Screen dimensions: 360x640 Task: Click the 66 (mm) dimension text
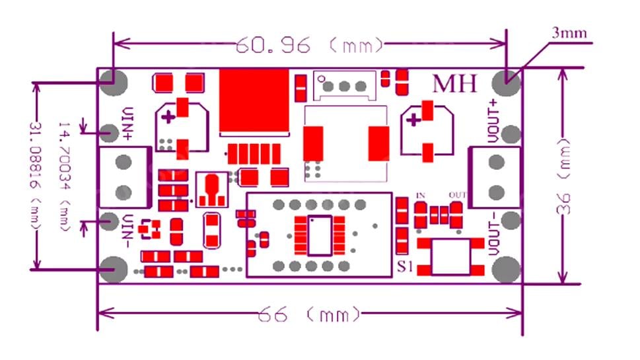[x=310, y=314]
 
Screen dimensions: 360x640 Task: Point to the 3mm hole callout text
[x=570, y=32]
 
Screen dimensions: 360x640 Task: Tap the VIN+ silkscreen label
[x=127, y=125]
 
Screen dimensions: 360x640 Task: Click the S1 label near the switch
[x=406, y=267]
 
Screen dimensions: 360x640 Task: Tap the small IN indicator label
[x=420, y=195]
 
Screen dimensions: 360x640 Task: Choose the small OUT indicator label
[x=457, y=195]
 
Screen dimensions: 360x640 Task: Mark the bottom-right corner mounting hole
[x=507, y=269]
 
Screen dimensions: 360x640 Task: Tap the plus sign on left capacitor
[x=169, y=118]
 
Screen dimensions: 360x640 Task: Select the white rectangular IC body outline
[x=320, y=235]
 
